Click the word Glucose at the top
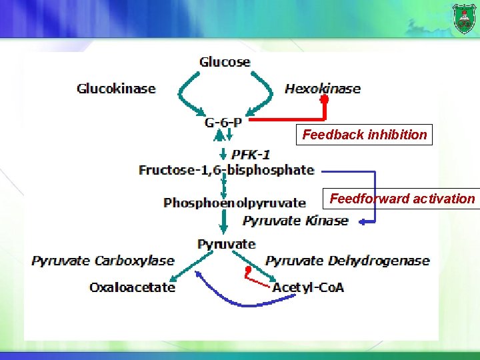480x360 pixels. [225, 62]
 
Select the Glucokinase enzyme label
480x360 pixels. [116, 88]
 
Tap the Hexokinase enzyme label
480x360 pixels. [323, 88]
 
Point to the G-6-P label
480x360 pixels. [223, 123]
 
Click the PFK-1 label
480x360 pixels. [251, 155]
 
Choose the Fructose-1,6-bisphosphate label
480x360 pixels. [226, 170]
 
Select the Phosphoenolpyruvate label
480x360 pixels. [235, 203]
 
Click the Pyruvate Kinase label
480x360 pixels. [295, 221]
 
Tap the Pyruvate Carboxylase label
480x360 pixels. [103, 261]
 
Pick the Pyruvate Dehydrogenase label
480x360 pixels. [347, 261]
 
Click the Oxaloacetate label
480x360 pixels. [133, 287]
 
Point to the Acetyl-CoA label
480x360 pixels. [308, 287]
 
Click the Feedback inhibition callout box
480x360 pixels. [364, 135]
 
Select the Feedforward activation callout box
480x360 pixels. [403, 199]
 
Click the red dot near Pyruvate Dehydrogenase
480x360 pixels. [247, 270]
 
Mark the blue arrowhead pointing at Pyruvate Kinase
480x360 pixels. [359, 221]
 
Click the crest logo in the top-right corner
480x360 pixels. [464, 17]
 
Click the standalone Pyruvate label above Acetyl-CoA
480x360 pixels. [226, 244]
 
